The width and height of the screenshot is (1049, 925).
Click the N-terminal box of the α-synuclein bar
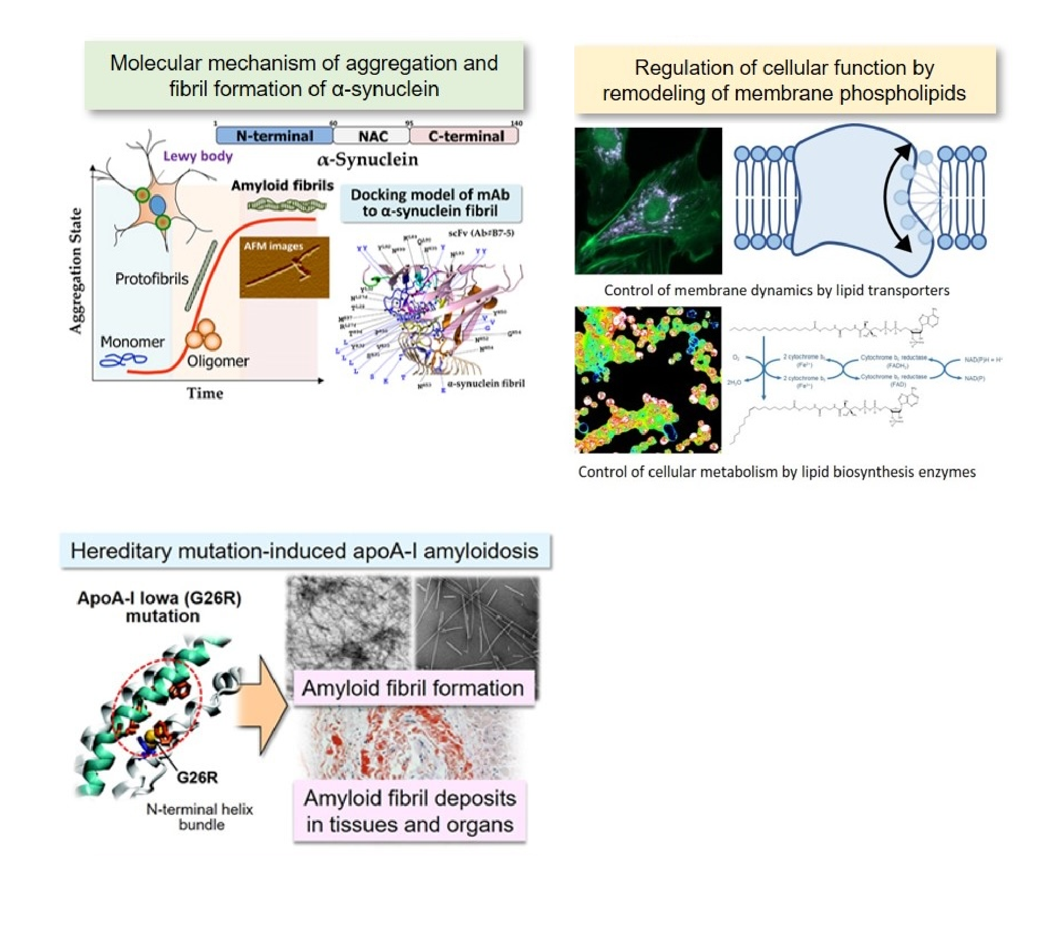pyautogui.click(x=275, y=135)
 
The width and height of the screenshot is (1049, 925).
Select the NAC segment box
pyautogui.click(x=372, y=136)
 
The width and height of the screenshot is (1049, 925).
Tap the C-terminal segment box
pyautogui.click(x=465, y=136)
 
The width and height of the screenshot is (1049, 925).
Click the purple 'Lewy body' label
pyautogui.click(x=198, y=156)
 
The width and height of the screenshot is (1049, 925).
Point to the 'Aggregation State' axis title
pyautogui.click(x=76, y=270)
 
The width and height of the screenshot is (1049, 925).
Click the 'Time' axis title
pyautogui.click(x=205, y=393)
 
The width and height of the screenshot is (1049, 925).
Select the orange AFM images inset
pyautogui.click(x=284, y=267)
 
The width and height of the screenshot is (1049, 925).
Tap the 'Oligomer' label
pyautogui.click(x=218, y=361)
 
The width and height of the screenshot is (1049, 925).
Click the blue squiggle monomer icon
pyautogui.click(x=123, y=360)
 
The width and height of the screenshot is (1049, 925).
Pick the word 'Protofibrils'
pyautogui.click(x=151, y=279)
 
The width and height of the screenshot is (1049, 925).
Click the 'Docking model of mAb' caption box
pyautogui.click(x=430, y=203)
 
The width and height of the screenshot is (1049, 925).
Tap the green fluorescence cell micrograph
pyautogui.click(x=648, y=200)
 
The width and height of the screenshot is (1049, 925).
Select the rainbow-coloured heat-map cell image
pyautogui.click(x=648, y=379)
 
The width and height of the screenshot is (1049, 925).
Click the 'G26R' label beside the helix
pyautogui.click(x=197, y=777)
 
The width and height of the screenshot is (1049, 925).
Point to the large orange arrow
pyautogui.click(x=263, y=705)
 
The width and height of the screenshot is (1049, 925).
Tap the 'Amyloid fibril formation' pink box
pyautogui.click(x=413, y=688)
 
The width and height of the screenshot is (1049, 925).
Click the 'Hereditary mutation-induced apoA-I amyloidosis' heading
pyautogui.click(x=305, y=551)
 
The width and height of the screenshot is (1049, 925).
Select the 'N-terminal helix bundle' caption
pyautogui.click(x=200, y=816)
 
